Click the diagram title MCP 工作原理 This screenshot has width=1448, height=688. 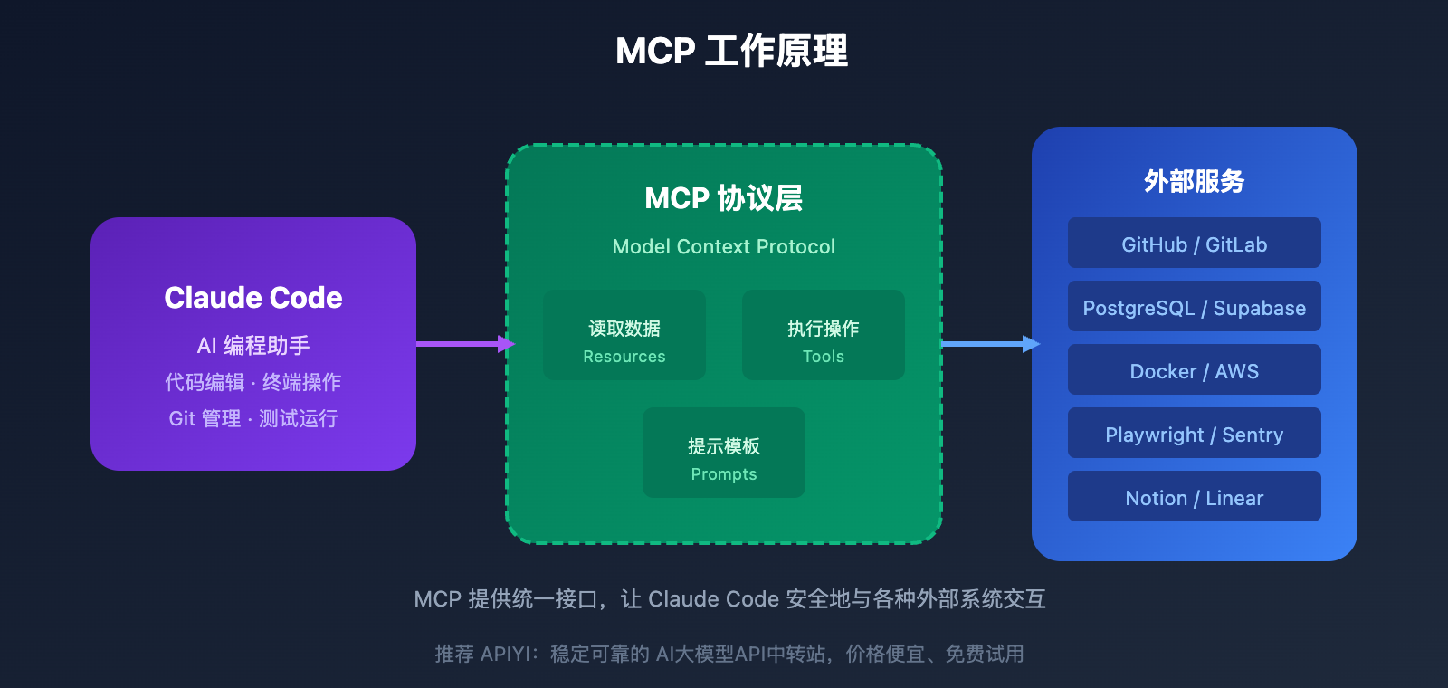[731, 51]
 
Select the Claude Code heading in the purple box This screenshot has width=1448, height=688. [253, 298]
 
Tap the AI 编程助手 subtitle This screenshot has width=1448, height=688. [253, 345]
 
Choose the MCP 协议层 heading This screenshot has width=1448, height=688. [723, 198]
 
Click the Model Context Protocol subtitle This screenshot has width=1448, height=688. [723, 246]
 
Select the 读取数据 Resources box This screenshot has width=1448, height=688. [624, 335]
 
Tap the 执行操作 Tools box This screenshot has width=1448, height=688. [824, 335]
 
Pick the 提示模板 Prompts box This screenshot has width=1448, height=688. [724, 453]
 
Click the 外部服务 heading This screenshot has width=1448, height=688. [1194, 181]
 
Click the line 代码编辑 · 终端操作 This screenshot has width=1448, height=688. [253, 382]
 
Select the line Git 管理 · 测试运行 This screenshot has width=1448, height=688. [253, 418]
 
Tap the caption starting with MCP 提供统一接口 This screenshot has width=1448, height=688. [729, 599]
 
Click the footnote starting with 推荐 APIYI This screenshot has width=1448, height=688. [729, 654]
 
